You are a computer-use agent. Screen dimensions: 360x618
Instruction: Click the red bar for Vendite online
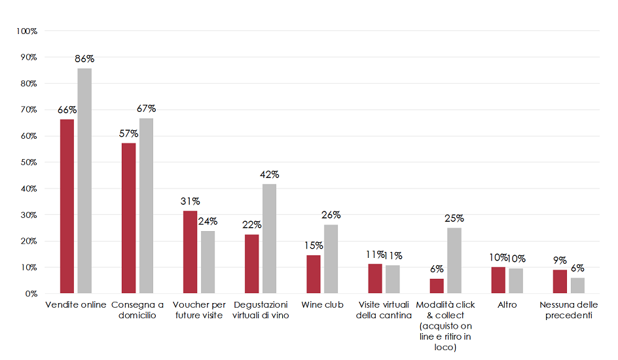point(67,206)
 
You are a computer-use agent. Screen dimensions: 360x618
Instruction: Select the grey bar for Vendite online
point(84,181)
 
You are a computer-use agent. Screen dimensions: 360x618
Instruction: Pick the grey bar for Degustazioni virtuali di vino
point(269,238)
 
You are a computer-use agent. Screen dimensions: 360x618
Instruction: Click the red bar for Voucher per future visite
point(190,252)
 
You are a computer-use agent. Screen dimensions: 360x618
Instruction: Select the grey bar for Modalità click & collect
point(454,261)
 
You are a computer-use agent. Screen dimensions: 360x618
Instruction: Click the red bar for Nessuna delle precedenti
point(560,281)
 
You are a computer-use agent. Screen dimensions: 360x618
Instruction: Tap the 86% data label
point(84,59)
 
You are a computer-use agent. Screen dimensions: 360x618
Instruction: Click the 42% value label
point(270,175)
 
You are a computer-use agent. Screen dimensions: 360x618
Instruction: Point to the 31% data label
point(191,201)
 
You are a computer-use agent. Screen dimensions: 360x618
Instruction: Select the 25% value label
point(454,219)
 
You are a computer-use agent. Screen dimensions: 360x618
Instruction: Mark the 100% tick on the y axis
point(27,31)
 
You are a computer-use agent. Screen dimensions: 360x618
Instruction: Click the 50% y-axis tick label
point(28,162)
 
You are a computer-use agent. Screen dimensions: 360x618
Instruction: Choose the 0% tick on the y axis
point(30,293)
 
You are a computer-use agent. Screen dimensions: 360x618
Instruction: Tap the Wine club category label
point(322,305)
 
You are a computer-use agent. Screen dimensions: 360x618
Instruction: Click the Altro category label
point(507,305)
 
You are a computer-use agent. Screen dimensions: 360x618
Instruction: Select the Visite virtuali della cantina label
point(384,310)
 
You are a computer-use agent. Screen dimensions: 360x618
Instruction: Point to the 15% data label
point(314,245)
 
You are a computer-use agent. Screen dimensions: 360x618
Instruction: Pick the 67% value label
point(146,109)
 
